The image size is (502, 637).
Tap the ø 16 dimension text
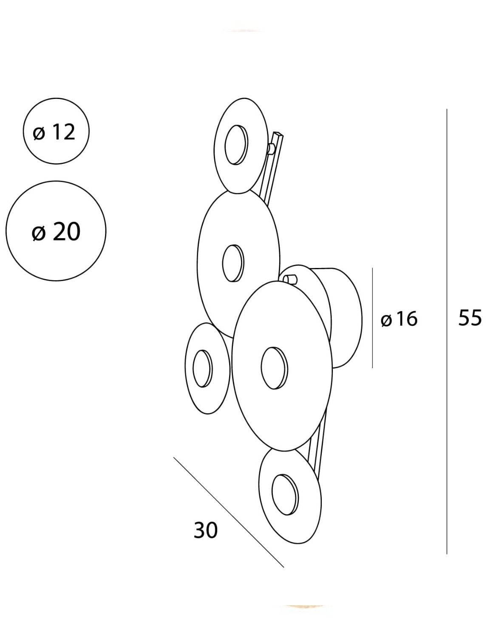coord(399,319)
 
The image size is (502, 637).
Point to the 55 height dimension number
coord(470,318)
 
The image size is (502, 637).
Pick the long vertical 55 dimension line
coord(447,332)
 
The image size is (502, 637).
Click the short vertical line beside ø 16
coord(372,318)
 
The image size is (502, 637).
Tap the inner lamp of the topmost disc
coord(236,145)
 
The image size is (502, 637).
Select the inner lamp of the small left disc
coord(202,369)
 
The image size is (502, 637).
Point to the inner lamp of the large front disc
coord(274,368)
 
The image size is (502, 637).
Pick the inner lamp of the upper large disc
coord(233,263)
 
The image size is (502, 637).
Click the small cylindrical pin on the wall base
coord(290,279)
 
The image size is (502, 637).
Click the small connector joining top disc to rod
coord(270,149)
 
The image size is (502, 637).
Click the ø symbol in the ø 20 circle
coord(39,233)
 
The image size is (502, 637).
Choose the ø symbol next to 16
coord(386,320)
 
